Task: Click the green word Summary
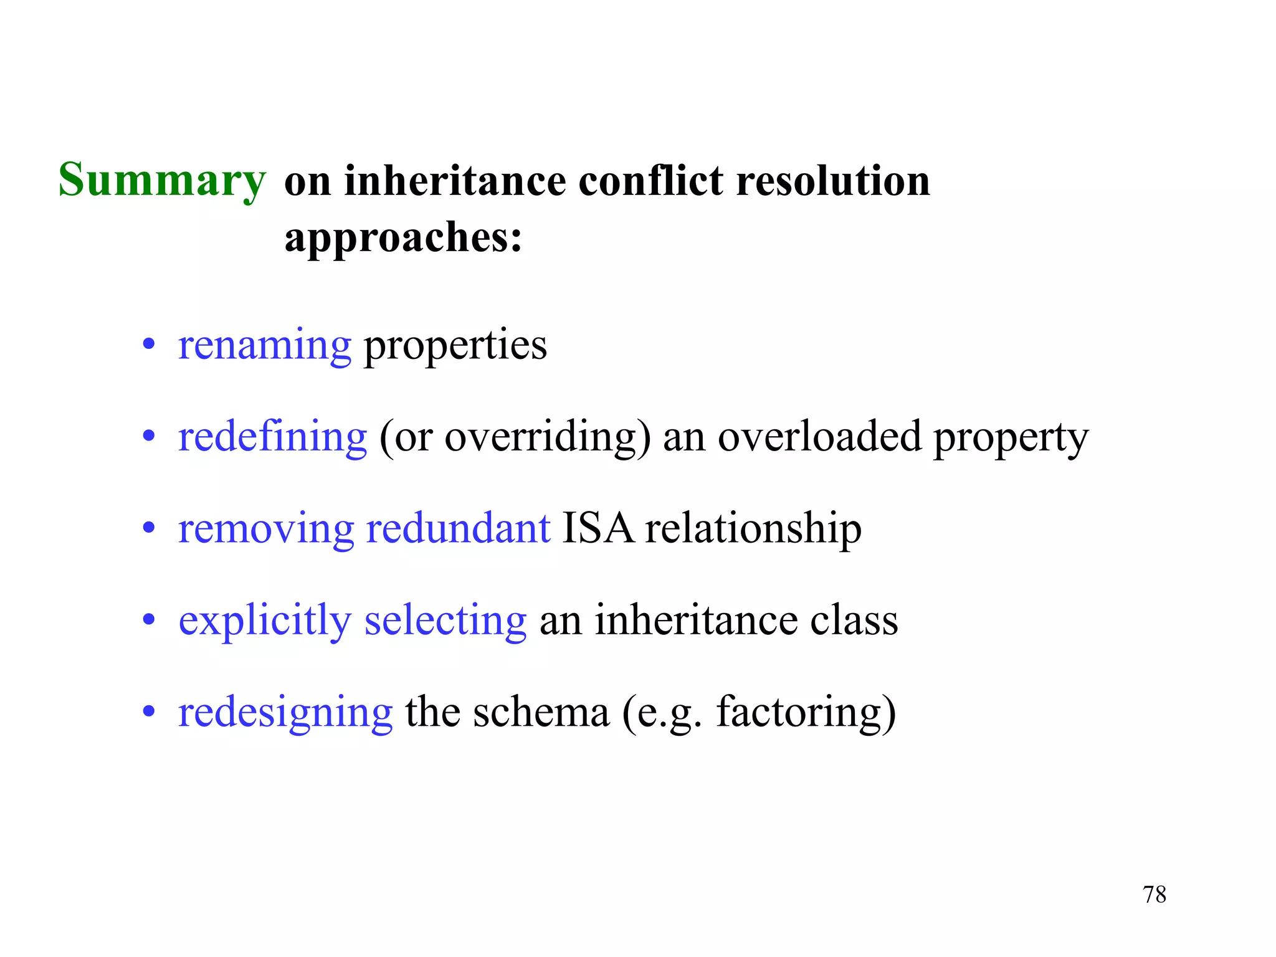162,181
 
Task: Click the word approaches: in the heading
403,238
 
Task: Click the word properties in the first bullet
455,346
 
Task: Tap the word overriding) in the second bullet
548,437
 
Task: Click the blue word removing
266,529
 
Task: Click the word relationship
753,530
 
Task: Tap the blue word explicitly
265,621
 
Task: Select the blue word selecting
445,621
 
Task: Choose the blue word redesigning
285,713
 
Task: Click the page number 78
1155,895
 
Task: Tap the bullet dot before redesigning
148,711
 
